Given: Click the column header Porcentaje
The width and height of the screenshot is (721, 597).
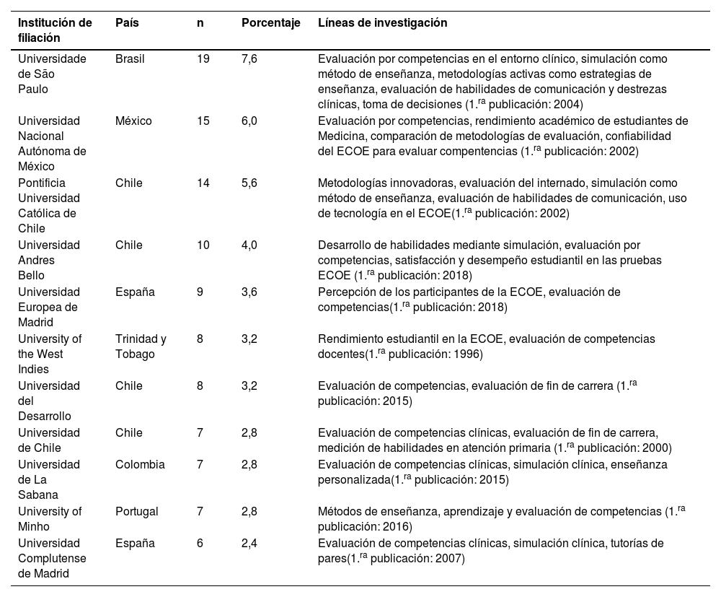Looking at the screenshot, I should (x=270, y=22).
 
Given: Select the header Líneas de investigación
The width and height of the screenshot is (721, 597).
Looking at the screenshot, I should (x=382, y=22).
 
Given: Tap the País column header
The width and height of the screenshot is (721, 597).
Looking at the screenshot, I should (x=127, y=22).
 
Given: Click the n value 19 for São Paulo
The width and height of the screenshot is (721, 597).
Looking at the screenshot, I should (x=203, y=58).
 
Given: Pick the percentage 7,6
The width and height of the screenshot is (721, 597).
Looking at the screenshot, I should (x=249, y=58).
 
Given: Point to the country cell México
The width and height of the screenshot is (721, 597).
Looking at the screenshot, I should (x=133, y=121).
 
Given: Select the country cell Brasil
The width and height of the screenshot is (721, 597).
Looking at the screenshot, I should (x=130, y=58).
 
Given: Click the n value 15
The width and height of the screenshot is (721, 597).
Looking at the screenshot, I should (x=203, y=121).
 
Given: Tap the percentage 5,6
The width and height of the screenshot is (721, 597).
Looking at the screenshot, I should (x=249, y=183).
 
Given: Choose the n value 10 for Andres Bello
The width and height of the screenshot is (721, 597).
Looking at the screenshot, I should (x=203, y=245).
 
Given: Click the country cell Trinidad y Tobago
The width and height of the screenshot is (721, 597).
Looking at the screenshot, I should (x=141, y=346).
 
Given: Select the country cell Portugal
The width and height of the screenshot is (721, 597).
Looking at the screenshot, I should (x=137, y=511).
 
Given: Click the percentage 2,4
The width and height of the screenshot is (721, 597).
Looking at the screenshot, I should (x=249, y=543).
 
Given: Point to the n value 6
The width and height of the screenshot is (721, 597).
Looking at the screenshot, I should (x=200, y=543).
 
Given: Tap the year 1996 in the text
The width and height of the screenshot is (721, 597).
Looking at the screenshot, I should (x=469, y=354).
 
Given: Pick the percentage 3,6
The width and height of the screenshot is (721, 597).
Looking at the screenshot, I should (x=249, y=292).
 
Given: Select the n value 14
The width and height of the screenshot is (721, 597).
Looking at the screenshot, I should (x=203, y=183).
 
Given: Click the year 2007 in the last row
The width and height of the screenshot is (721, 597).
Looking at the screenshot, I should (x=451, y=559).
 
